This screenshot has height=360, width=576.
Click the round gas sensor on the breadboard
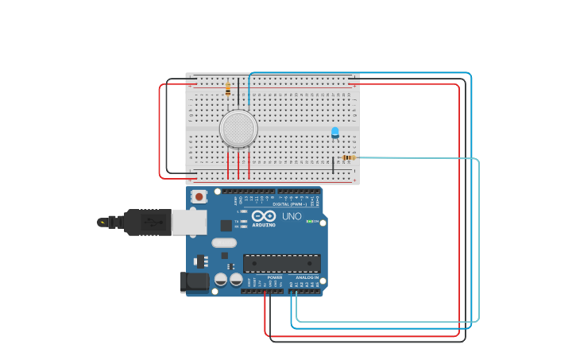[238, 129]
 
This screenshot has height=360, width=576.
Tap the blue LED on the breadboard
[334, 132]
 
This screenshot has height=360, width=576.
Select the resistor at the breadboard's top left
[228, 89]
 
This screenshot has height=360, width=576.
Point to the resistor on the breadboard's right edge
[348, 157]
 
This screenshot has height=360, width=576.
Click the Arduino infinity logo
[264, 215]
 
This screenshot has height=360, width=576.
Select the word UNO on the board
[292, 216]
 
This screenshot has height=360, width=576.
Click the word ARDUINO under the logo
[264, 225]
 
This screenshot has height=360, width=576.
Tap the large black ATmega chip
[282, 263]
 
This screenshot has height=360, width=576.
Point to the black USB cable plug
[148, 223]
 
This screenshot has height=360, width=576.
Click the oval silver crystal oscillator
[224, 242]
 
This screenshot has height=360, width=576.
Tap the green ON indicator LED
[311, 221]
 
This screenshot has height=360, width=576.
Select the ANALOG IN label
[307, 277]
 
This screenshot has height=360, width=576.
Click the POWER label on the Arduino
[274, 277]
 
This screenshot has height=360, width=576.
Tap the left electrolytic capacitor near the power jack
[221, 280]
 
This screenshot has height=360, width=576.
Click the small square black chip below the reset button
[226, 226]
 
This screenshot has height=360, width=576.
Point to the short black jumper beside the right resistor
[333, 165]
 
